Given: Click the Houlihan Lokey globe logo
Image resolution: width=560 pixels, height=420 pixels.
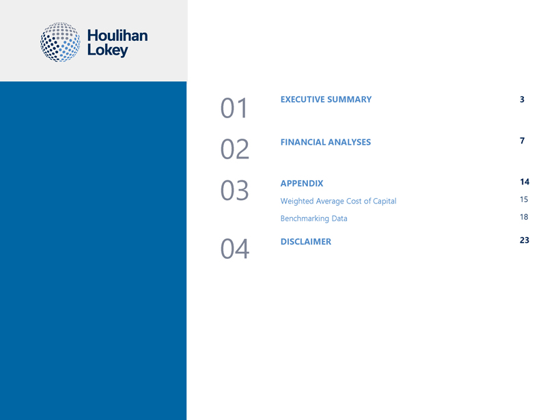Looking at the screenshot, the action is (60, 42).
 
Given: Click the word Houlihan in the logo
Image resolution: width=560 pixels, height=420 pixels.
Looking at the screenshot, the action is (117, 36).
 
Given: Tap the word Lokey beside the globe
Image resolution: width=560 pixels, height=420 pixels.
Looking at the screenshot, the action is (107, 51).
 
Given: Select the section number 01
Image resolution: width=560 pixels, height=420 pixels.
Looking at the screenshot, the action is (234, 108).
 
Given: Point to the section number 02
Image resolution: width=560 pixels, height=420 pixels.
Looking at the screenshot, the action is (235, 149).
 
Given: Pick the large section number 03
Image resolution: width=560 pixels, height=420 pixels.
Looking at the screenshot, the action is (234, 190).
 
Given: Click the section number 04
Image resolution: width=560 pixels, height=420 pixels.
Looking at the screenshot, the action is (235, 249).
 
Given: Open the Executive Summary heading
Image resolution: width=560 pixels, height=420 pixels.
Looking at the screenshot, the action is (326, 99).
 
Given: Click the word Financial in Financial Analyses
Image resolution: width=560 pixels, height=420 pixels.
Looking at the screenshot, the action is (303, 142).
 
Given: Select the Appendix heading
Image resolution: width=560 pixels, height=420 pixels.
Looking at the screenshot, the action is (302, 183).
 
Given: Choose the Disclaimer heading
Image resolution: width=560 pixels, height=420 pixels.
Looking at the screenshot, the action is (306, 242).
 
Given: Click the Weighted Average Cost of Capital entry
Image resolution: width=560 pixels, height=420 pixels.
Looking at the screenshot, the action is (338, 201).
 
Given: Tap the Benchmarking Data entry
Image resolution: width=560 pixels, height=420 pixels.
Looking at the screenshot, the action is (313, 219).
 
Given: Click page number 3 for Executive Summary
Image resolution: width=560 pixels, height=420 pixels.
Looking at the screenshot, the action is (522, 99).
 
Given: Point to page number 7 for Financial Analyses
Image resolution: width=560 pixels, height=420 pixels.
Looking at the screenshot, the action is (522, 141).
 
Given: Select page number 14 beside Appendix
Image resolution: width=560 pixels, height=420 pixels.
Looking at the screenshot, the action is (524, 182).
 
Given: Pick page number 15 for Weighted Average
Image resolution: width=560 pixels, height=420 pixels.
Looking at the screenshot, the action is (524, 199).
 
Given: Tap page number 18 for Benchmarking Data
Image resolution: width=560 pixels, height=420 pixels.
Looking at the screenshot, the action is (524, 216).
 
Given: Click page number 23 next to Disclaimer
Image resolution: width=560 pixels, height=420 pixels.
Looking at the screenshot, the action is (524, 240).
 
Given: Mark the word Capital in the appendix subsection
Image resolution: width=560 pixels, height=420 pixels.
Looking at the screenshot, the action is (384, 201).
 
